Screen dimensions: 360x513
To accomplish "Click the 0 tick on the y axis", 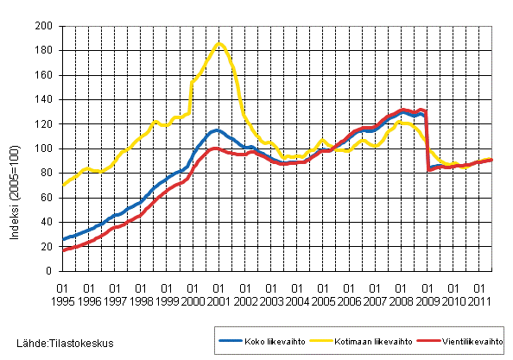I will [x=51, y=271].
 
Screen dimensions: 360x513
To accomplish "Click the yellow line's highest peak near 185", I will [x=219, y=43].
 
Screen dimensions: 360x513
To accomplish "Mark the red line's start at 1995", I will [x=63, y=250].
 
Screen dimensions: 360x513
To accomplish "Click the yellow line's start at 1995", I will [x=63, y=185].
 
